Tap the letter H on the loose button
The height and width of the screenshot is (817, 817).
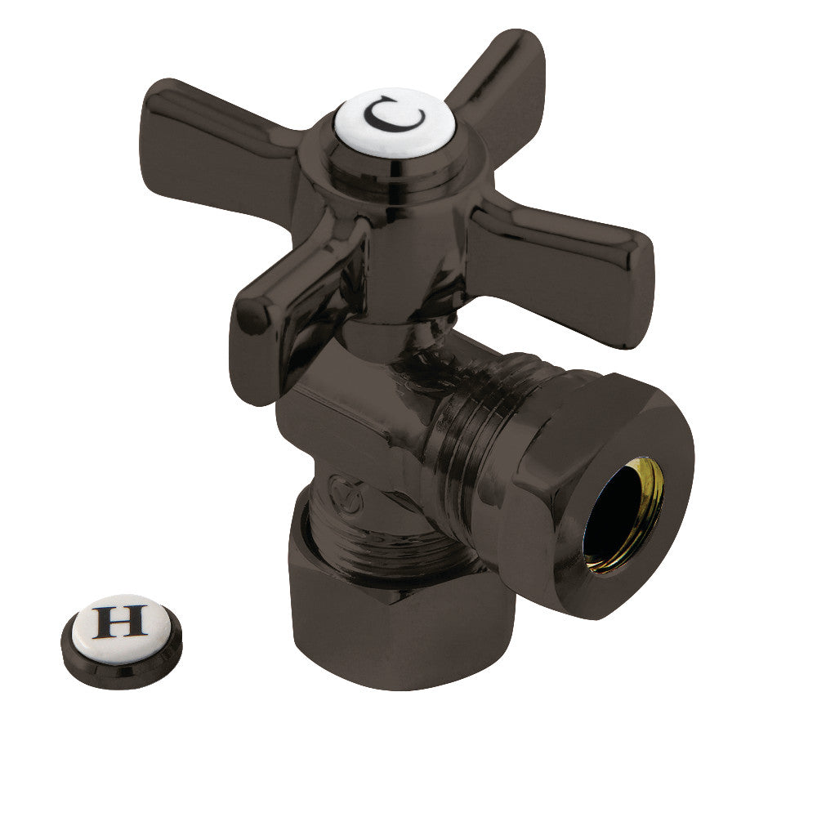point(120,620)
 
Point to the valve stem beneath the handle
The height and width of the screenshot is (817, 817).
point(392,327)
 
